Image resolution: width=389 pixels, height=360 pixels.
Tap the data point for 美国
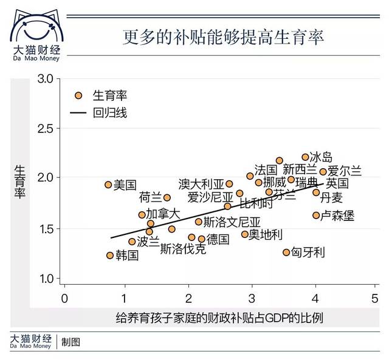[108, 185]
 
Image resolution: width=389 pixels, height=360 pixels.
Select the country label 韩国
[127, 256]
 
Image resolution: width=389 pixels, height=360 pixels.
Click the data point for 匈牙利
[286, 252]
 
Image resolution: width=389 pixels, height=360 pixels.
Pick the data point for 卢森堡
[316, 215]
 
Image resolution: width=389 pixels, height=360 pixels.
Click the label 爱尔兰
[345, 171]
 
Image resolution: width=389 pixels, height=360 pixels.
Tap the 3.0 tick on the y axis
[46, 78]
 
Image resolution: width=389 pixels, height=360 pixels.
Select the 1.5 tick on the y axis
[46, 229]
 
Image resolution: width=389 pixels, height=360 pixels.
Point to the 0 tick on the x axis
[64, 299]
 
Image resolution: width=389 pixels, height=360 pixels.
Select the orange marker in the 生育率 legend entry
[78, 95]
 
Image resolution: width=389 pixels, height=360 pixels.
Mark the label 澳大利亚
[201, 183]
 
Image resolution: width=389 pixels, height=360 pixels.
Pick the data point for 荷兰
[167, 197]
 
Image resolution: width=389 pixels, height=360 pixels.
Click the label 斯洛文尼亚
[232, 222]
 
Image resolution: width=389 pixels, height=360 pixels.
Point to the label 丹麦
[332, 198]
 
